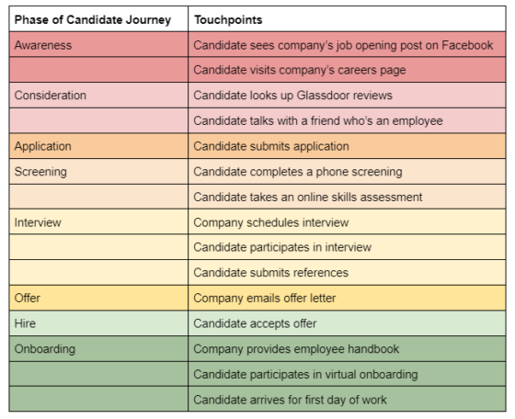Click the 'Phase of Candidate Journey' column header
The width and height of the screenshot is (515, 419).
point(93,19)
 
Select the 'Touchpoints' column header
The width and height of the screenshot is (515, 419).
point(228,19)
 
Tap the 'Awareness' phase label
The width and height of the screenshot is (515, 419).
point(43,45)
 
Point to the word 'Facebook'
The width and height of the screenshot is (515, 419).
point(467,45)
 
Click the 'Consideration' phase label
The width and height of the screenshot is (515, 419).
point(51,96)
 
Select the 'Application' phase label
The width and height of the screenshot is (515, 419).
point(42,146)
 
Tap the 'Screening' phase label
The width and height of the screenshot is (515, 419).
point(40,172)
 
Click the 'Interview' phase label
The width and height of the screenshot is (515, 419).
point(38,222)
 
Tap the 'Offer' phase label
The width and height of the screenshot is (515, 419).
point(28,298)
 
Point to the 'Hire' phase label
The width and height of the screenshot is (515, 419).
point(25,323)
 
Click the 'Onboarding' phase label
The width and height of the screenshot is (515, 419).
point(45,349)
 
